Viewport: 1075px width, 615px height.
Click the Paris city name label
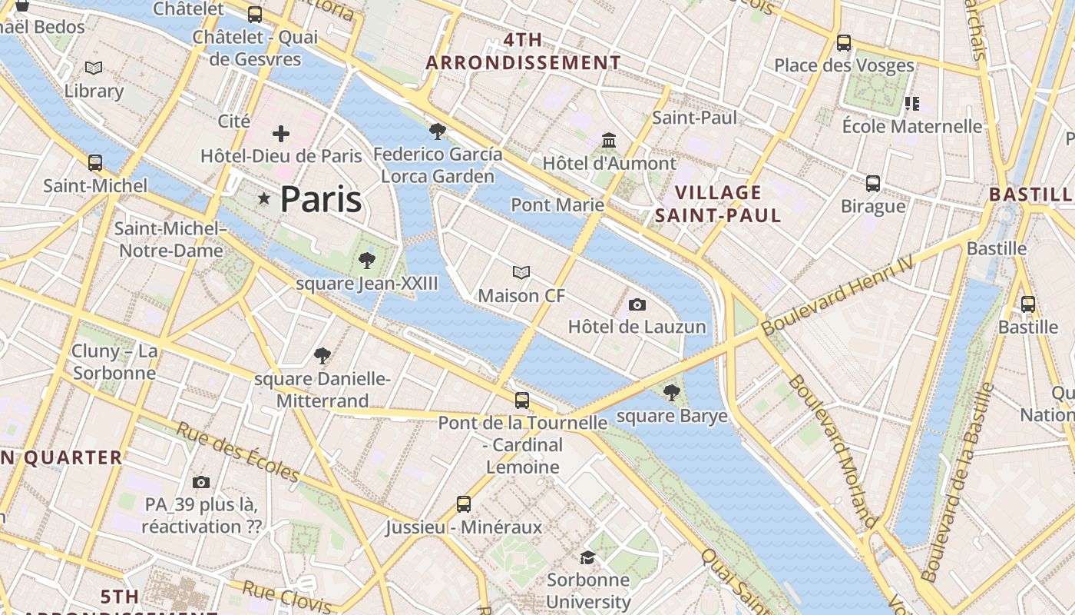[x=320, y=200]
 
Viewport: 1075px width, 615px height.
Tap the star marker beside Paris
[x=264, y=199]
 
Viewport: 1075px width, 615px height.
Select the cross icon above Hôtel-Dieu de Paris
[x=281, y=134]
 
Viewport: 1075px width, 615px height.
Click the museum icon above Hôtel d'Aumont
[x=610, y=141]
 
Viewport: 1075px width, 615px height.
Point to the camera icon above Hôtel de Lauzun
[x=637, y=304]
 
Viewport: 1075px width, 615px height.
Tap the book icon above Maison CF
[x=521, y=273]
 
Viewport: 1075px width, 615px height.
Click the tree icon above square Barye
[x=672, y=393]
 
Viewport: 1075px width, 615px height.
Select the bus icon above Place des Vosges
[x=844, y=43]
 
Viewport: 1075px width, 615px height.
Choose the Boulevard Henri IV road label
[x=838, y=296]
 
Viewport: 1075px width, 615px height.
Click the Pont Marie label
[x=557, y=205]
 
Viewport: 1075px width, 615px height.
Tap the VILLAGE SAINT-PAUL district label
[x=718, y=204]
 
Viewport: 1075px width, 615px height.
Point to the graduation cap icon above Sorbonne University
[x=588, y=557]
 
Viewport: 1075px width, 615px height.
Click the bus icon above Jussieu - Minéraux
[x=464, y=504]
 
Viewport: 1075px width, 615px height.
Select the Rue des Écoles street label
[x=237, y=453]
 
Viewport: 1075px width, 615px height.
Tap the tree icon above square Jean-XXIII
[x=367, y=261]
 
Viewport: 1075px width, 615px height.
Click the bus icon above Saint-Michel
[x=95, y=163]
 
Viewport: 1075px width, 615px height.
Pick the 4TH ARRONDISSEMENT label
[x=523, y=52]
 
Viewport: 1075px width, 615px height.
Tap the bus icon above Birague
[x=873, y=184]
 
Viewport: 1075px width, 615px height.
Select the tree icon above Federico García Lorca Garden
[x=438, y=131]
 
